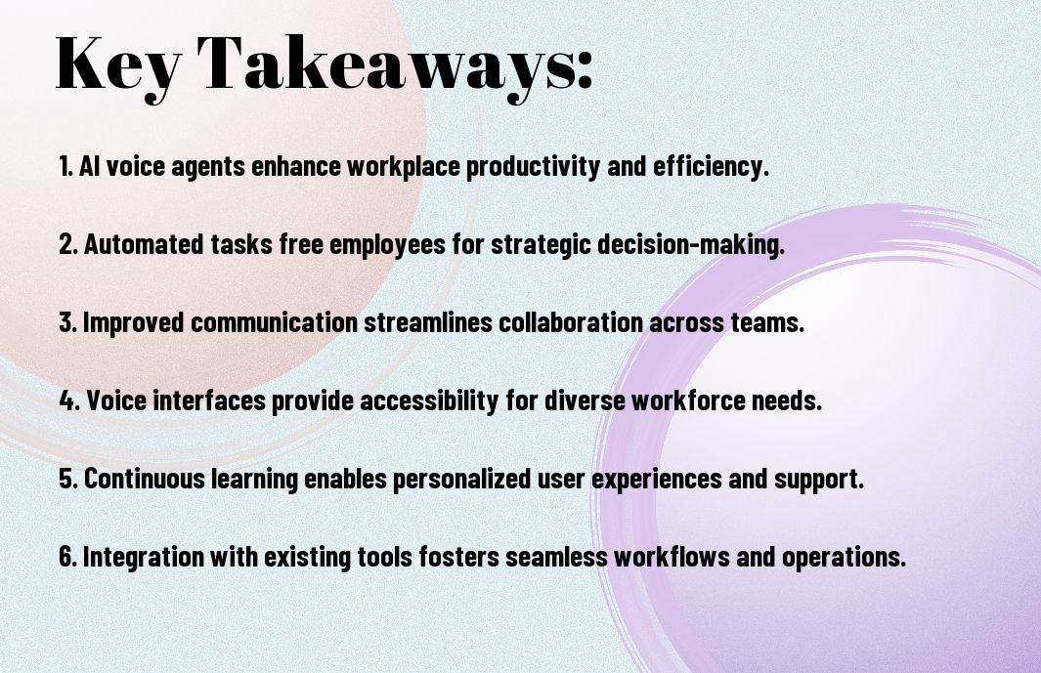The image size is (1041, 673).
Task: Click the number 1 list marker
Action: click(65, 166)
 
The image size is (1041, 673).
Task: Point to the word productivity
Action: click(533, 167)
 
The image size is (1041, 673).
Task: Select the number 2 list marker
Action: click(68, 244)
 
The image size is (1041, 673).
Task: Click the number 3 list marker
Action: click(68, 322)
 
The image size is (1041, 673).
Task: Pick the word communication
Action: click(275, 322)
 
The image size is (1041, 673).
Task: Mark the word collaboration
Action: click(571, 322)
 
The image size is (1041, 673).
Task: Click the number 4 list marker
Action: click(69, 400)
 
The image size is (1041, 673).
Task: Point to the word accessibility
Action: click(429, 400)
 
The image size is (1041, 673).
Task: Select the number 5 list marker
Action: click(68, 479)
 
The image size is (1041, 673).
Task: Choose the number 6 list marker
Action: click(68, 557)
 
